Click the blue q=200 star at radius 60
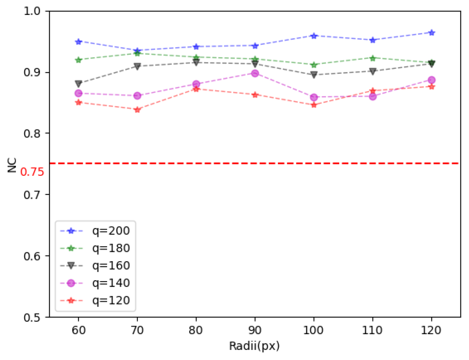[x=79, y=42]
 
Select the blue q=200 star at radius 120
[x=432, y=33]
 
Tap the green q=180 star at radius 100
[x=314, y=65]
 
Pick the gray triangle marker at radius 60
[x=79, y=83]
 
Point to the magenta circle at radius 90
[x=255, y=74]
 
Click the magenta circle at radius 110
[x=373, y=97]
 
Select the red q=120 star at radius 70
[x=137, y=110]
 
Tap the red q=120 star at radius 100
[x=314, y=105]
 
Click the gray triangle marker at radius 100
[x=314, y=75]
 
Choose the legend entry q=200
[x=111, y=231]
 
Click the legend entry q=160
[x=111, y=266]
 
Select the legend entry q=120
[x=111, y=300]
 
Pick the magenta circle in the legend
[x=71, y=283]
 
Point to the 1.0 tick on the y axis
[x=32, y=11]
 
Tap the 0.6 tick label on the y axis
[x=32, y=256]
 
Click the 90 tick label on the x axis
[x=255, y=330]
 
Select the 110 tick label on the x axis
[x=372, y=330]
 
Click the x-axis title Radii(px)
[x=254, y=346]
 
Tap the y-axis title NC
[x=12, y=165]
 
